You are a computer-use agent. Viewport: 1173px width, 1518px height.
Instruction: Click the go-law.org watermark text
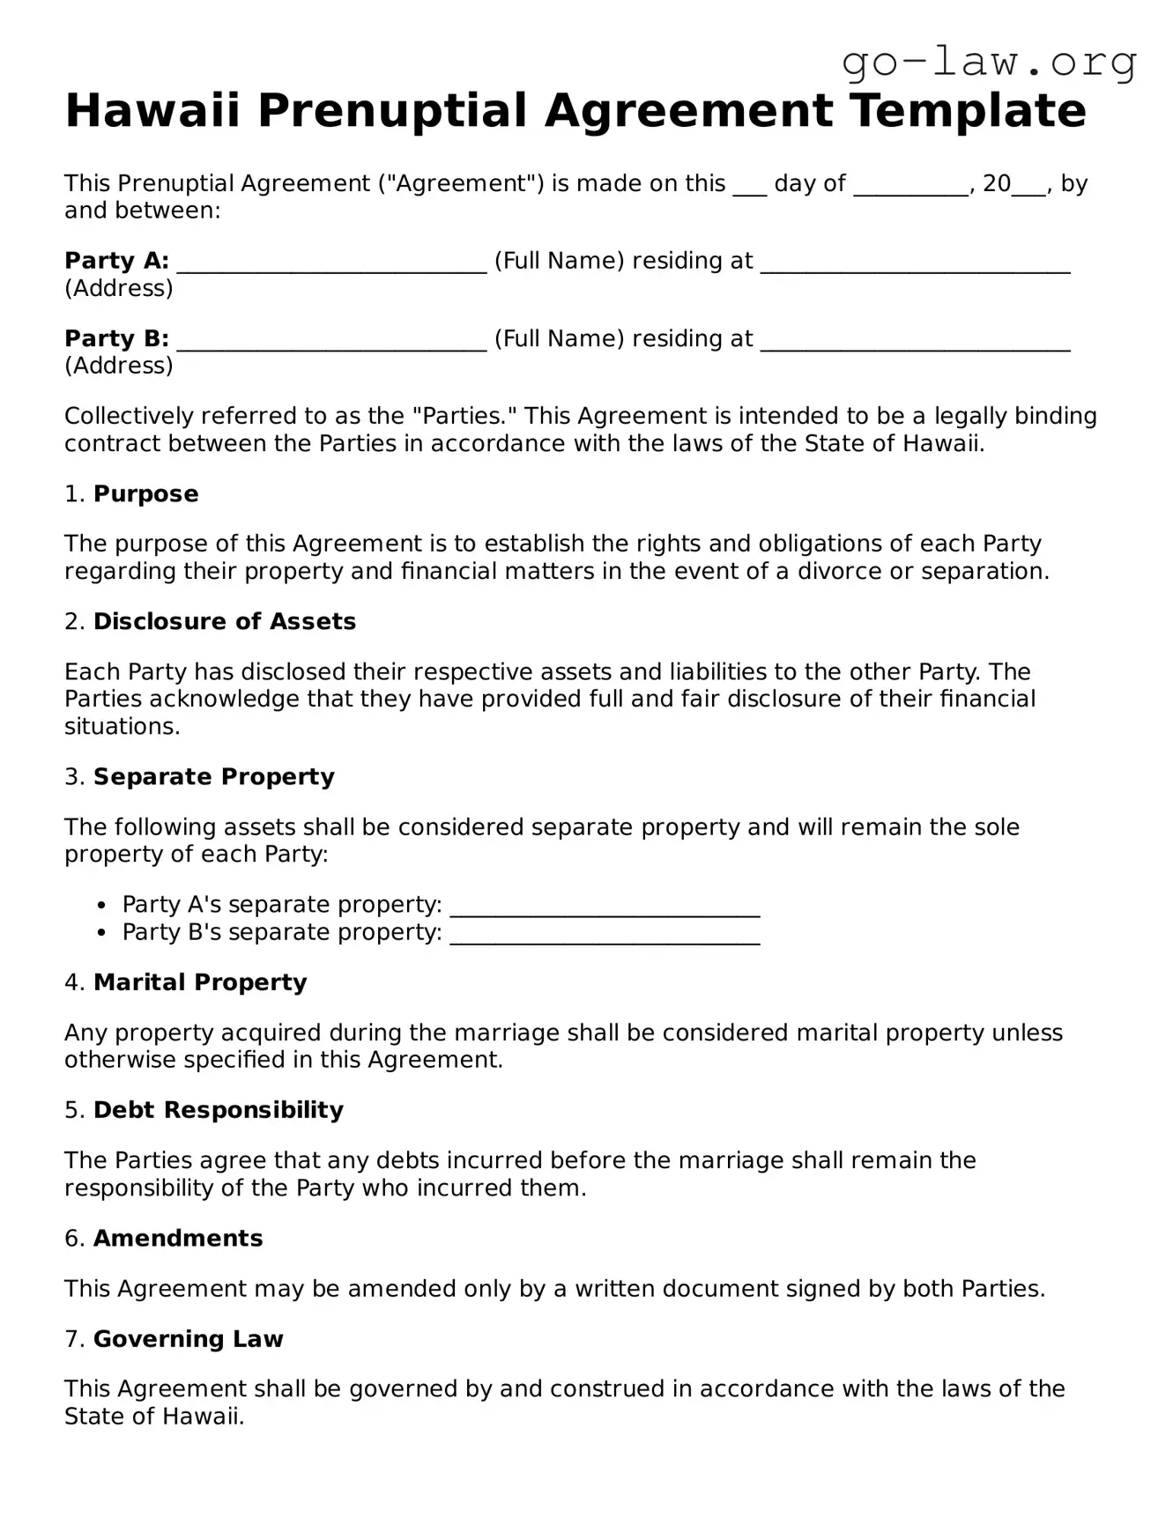(989, 62)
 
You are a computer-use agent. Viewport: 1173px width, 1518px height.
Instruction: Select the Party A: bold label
(116, 261)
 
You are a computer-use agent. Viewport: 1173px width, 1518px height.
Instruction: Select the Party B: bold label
(116, 338)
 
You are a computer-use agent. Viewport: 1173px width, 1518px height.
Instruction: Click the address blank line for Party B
(915, 342)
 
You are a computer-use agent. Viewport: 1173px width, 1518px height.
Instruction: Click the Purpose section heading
(145, 493)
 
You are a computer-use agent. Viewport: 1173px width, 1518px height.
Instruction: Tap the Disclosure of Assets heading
(225, 621)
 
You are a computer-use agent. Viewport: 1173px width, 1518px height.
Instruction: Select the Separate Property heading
(214, 776)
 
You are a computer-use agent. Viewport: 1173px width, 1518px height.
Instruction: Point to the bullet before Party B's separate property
(103, 932)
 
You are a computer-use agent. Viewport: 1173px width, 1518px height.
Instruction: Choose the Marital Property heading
(200, 981)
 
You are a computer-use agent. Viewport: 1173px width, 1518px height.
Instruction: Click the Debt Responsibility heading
(219, 1109)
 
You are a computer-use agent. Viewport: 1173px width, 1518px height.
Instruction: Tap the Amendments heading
(178, 1238)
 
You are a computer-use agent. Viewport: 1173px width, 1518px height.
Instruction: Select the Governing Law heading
(189, 1338)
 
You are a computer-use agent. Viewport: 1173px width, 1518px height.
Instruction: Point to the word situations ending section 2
(122, 726)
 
